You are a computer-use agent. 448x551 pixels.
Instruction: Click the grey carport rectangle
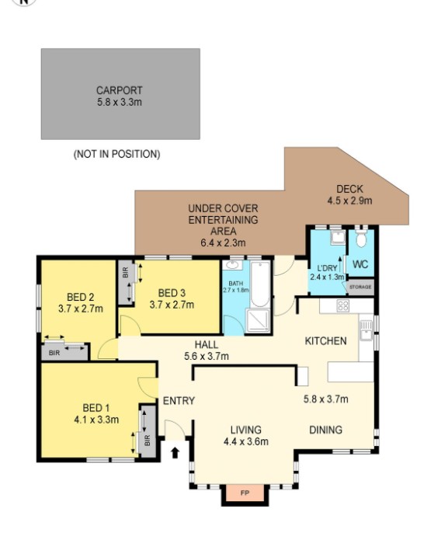(x=120, y=94)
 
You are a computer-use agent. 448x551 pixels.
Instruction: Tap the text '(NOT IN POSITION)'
(x=116, y=154)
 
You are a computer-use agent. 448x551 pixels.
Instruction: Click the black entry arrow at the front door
(x=175, y=451)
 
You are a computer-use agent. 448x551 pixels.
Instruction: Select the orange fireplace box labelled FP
(x=245, y=493)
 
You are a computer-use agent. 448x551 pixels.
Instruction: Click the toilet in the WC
(x=360, y=239)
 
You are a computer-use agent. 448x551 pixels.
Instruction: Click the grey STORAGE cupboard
(x=360, y=287)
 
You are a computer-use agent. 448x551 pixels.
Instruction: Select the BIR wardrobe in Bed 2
(x=65, y=350)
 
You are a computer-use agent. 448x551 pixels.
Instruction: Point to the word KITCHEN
(x=325, y=341)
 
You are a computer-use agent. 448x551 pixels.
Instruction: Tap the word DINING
(x=326, y=429)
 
